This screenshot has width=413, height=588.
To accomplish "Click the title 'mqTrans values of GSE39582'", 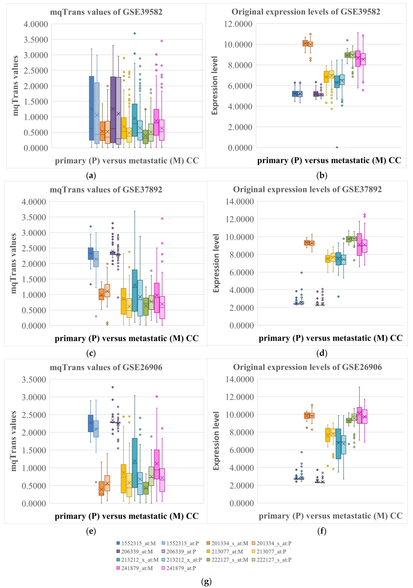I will pos(106,12).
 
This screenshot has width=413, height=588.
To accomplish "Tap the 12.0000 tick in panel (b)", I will pos(238,24).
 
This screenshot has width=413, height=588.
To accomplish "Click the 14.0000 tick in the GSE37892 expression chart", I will pos(240,202).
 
